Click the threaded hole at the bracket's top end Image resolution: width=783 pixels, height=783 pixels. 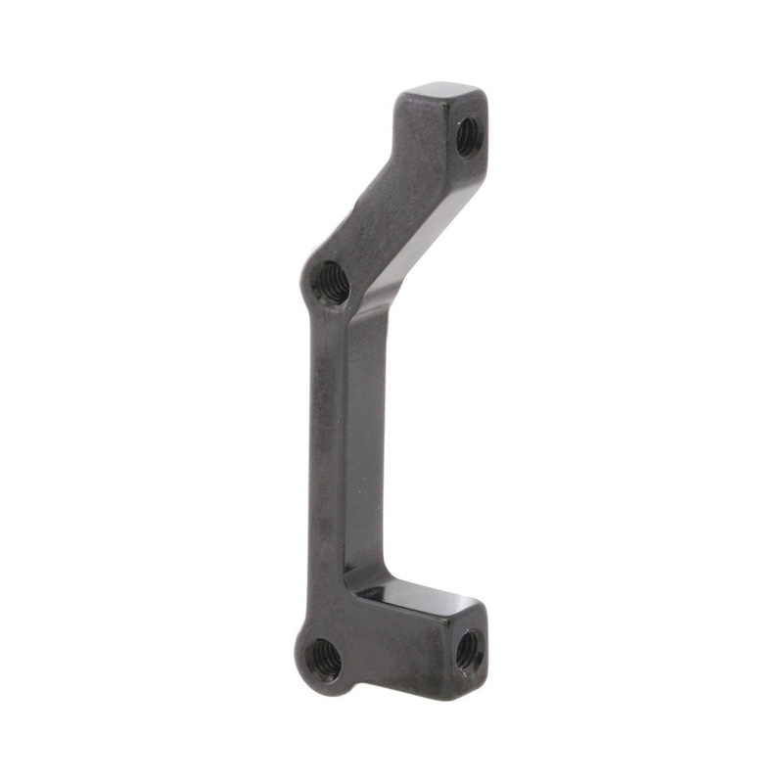coord(467,135)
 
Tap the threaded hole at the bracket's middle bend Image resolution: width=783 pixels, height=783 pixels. coord(331,282)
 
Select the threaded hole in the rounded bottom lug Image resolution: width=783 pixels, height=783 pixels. coord(324,661)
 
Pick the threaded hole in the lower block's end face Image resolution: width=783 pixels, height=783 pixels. coord(469,648)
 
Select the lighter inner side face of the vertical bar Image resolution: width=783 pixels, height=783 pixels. coord(362,440)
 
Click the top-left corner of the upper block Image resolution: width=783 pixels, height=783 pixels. coord(403,95)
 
